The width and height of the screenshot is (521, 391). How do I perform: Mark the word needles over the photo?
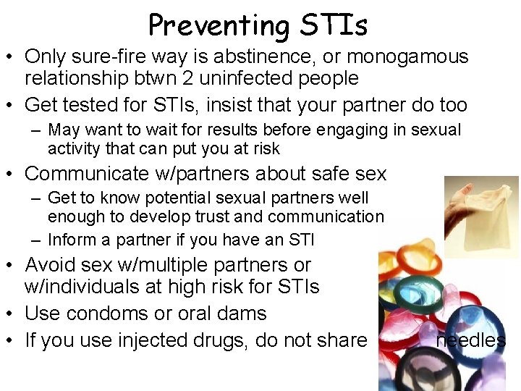(x=471, y=340)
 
